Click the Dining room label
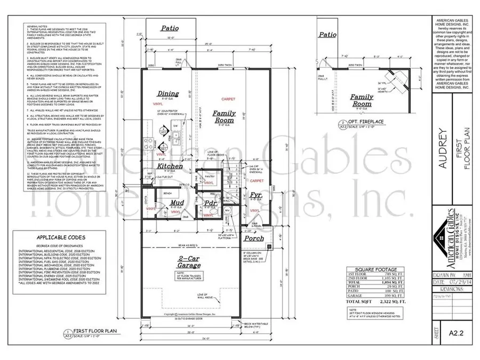[168, 94]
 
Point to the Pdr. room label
[210, 203]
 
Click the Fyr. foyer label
[255, 196]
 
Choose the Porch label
[254, 238]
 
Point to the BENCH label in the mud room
[167, 193]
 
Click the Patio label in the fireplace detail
[327, 35]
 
